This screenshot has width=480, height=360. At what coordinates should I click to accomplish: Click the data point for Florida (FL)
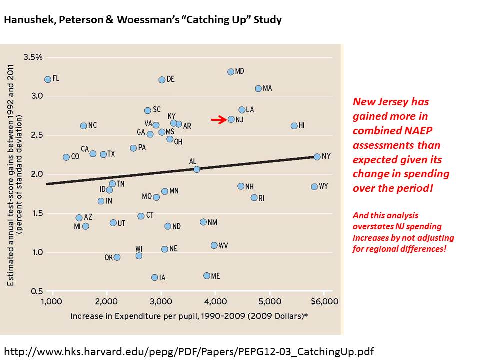pos(47,79)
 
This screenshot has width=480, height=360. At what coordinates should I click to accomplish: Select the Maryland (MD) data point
pos(231,72)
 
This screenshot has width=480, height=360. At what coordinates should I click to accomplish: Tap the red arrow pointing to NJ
pos(218,120)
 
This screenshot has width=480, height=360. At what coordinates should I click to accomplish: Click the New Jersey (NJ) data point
pos(231,119)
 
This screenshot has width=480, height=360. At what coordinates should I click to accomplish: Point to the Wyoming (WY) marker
pos(314,187)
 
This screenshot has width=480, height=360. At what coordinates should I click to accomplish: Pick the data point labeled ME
pos(207,276)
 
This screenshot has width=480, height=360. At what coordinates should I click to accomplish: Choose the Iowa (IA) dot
pos(154,277)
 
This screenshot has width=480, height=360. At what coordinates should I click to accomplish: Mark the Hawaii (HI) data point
pos(294,126)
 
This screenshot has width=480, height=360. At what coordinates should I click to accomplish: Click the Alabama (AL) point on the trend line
pos(196,169)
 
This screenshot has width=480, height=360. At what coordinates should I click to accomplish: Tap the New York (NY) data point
pos(317,157)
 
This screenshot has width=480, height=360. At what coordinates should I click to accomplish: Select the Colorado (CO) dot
pos(66,157)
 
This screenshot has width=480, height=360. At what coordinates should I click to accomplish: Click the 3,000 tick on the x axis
pos(161,301)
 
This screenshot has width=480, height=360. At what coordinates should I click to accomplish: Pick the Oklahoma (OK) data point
pos(117,257)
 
